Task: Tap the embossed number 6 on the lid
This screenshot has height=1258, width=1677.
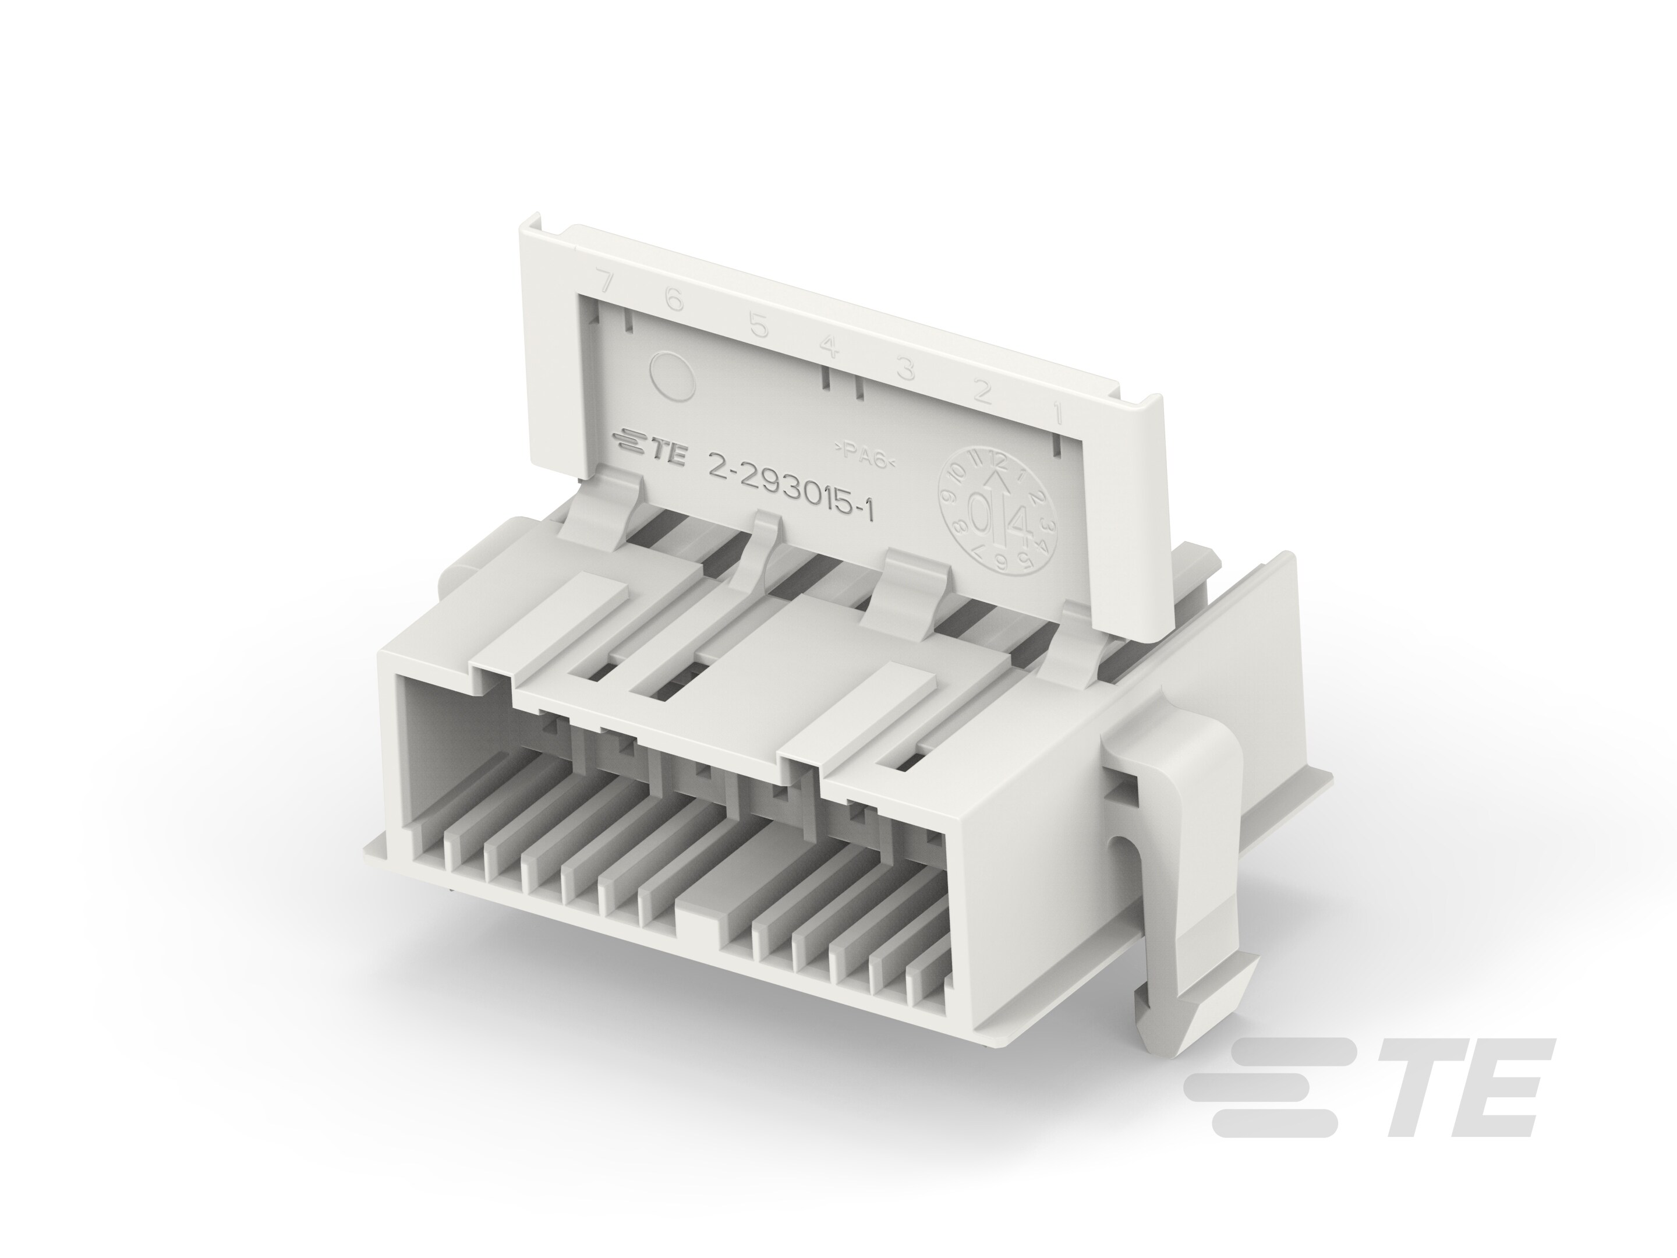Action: [674, 301]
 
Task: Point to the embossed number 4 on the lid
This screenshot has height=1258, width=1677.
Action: [829, 347]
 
